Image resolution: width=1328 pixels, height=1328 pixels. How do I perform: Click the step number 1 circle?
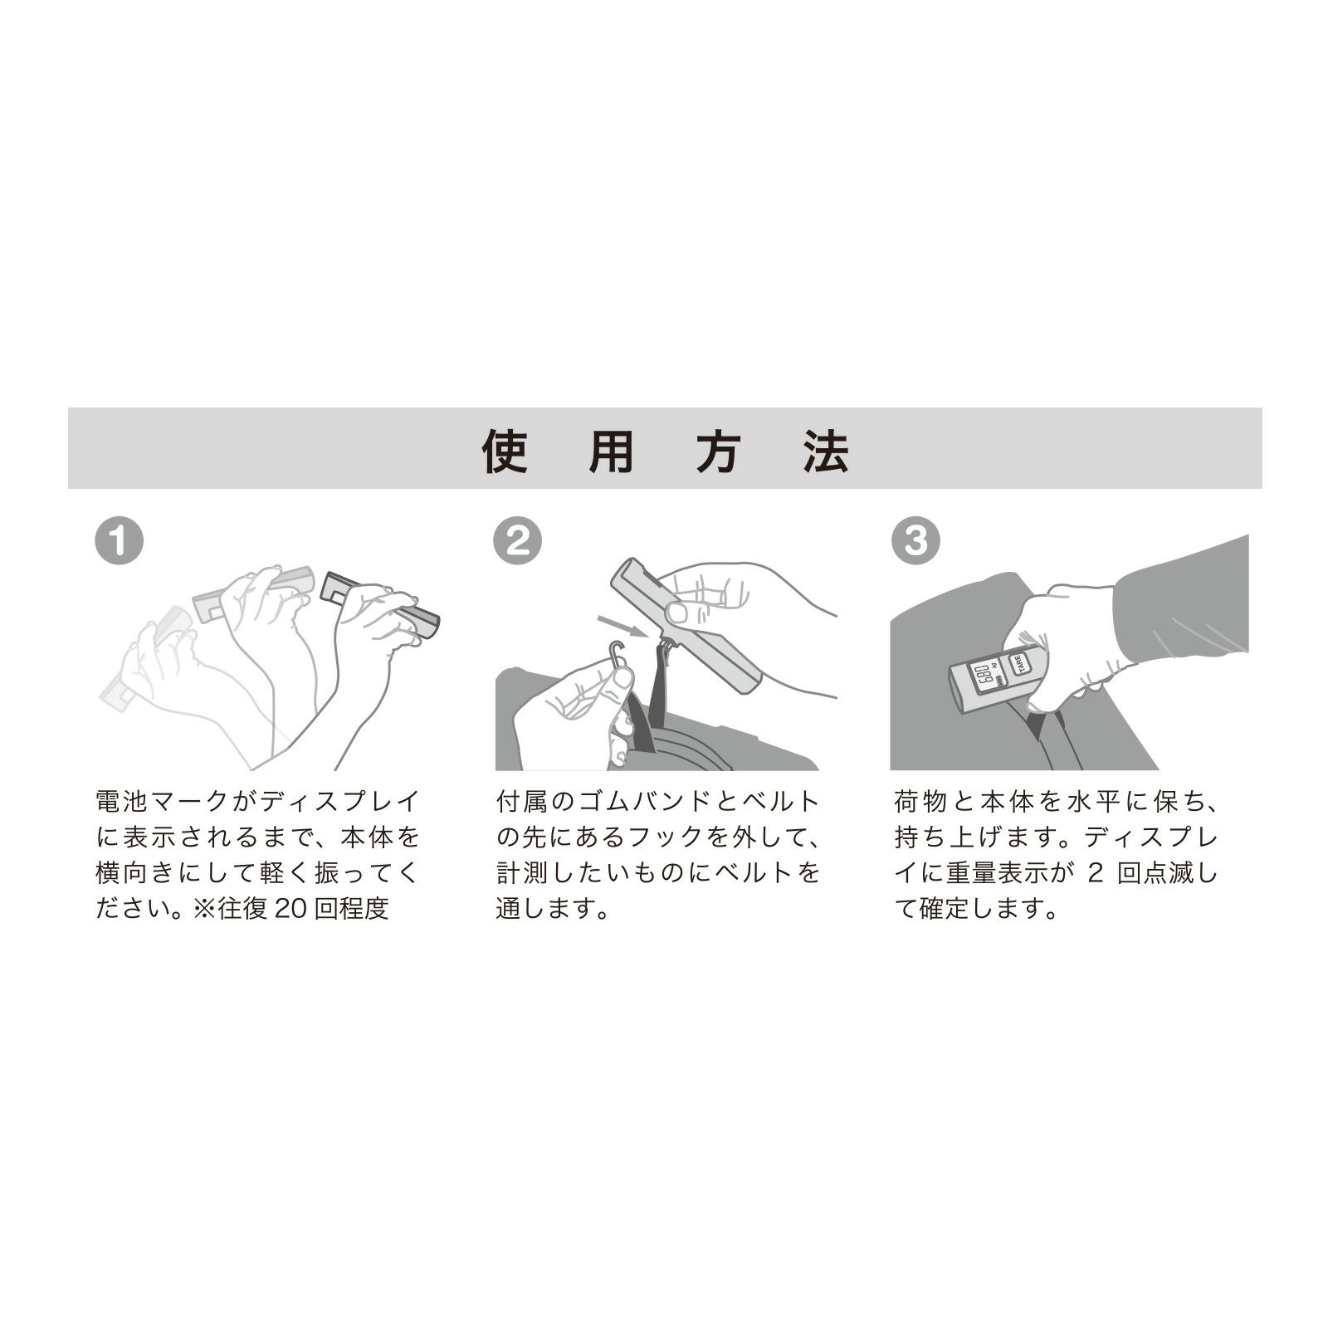tap(119, 540)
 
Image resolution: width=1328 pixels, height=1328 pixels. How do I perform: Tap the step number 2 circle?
tap(517, 540)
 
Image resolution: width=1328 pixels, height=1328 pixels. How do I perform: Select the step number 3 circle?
tap(915, 540)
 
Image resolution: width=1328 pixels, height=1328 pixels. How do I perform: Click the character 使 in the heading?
tap(505, 450)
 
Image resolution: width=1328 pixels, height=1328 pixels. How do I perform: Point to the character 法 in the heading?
tap(826, 450)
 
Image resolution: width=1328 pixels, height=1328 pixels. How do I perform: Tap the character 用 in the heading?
tap(612, 450)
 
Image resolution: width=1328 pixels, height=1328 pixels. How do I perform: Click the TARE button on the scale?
tap(1018, 663)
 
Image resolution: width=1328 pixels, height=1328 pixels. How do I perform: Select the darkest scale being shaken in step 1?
tap(380, 603)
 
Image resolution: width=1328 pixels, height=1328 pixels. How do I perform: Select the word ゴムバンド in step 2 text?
tap(635, 802)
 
